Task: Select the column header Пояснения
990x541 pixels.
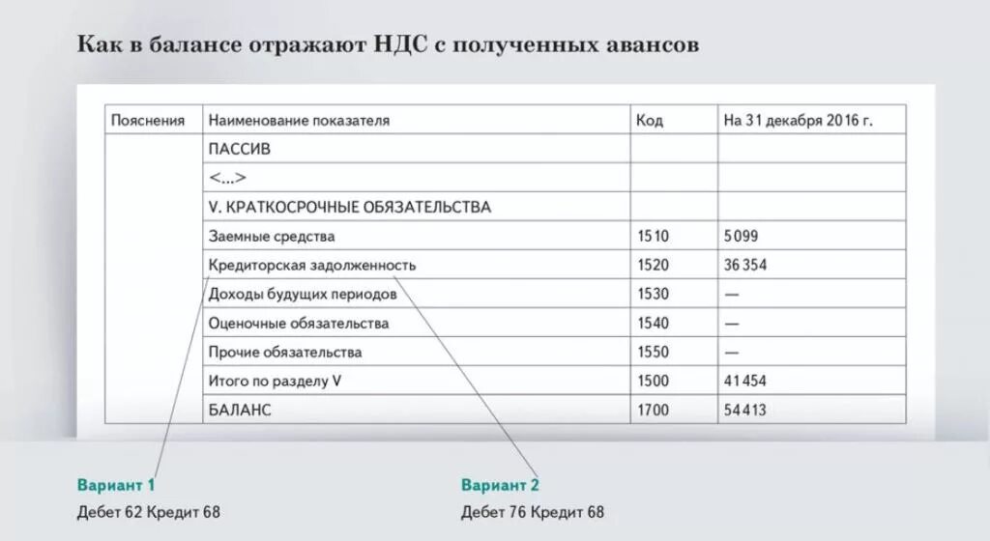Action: tap(148, 121)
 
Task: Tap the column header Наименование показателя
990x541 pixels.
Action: tap(299, 121)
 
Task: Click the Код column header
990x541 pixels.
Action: tap(649, 121)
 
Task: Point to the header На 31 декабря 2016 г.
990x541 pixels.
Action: tap(798, 121)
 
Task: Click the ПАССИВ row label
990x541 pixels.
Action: tap(240, 150)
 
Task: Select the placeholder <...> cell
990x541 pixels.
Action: tap(227, 178)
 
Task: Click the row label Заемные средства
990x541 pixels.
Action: tap(272, 236)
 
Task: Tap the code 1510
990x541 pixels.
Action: tap(653, 236)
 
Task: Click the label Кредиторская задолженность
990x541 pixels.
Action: tap(312, 265)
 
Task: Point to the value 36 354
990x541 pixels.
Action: tap(745, 265)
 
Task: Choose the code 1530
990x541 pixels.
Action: tap(653, 294)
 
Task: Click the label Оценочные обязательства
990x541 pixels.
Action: tap(299, 323)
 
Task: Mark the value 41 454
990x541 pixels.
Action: tap(745, 381)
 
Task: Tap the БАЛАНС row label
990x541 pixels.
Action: tap(240, 410)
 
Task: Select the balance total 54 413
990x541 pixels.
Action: tap(745, 410)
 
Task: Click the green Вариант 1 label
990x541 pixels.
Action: tap(116, 484)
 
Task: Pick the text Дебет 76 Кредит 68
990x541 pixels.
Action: tap(533, 512)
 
